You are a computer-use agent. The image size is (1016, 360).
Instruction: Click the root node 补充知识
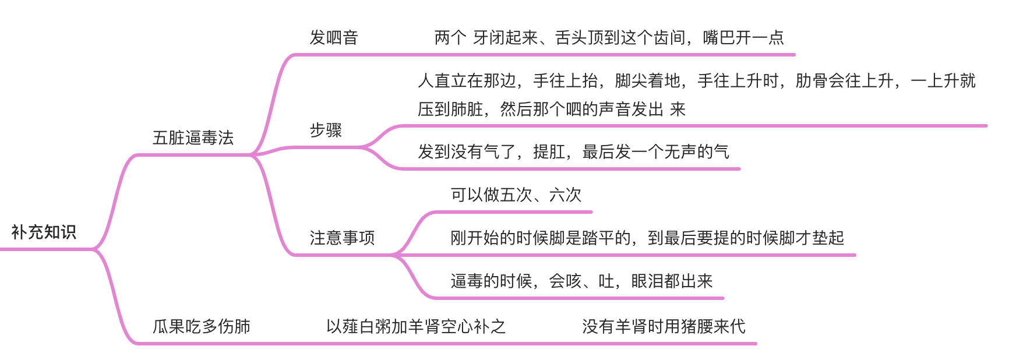point(44,232)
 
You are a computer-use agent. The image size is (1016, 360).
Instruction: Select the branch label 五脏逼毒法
point(193,138)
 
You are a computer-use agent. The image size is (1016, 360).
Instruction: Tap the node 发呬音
point(333,38)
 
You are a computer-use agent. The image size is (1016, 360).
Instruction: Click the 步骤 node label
point(326,130)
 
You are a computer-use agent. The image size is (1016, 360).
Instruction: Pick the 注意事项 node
point(342,238)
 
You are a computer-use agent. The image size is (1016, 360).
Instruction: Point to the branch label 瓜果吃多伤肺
point(201,326)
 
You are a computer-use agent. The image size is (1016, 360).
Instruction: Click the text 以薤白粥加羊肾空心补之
point(415,326)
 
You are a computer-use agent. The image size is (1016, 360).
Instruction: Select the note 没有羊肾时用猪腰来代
point(664,326)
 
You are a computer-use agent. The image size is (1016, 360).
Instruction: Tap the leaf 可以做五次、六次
point(516,195)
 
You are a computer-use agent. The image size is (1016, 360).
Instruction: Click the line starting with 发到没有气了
point(573,152)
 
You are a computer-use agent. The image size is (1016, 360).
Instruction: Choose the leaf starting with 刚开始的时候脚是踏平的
point(647,238)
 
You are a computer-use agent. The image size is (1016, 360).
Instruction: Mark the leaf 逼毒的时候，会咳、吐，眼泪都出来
point(581,281)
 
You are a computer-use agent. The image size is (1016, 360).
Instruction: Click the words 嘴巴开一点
point(743,38)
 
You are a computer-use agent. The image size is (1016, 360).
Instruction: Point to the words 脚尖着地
point(647,81)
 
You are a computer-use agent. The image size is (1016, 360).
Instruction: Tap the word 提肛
point(549,152)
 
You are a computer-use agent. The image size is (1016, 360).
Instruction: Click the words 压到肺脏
point(450,110)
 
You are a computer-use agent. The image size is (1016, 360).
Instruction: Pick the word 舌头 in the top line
point(571,38)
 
